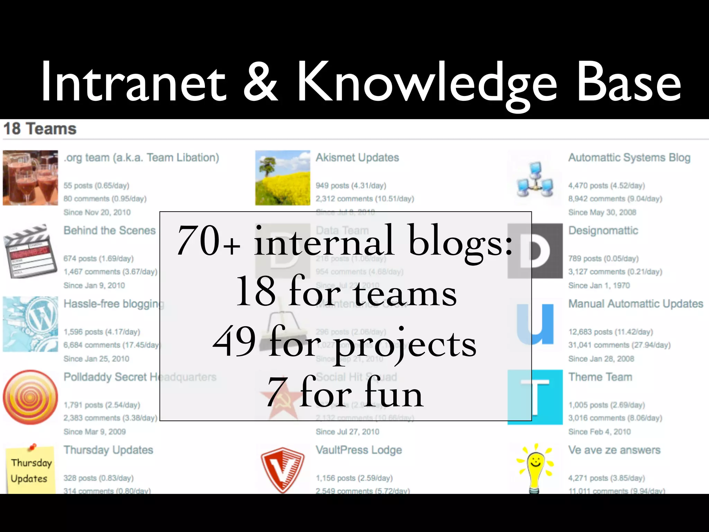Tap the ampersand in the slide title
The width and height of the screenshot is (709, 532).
pos(260,83)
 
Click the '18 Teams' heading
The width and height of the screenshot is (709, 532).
pos(40,129)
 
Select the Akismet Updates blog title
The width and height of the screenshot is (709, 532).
pos(357,158)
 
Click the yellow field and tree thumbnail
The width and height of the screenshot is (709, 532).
pos(282,178)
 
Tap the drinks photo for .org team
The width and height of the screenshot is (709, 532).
pos(30,178)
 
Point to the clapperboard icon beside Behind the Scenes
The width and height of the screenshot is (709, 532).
pos(30,251)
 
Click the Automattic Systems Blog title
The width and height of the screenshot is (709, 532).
pos(629,158)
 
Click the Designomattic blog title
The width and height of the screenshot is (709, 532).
pos(603,231)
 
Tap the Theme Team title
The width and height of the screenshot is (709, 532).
pos(600,377)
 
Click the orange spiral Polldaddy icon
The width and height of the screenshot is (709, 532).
pos(30,397)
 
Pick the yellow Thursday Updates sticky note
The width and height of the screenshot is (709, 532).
pos(30,470)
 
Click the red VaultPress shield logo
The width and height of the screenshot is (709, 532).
pos(282,469)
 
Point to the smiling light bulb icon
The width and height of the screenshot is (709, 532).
pos(535,468)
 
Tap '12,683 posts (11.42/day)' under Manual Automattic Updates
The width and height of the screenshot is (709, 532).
pos(611,332)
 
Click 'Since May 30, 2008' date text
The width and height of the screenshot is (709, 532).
pos(602,212)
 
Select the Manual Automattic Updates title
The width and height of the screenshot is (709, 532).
pos(636,304)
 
